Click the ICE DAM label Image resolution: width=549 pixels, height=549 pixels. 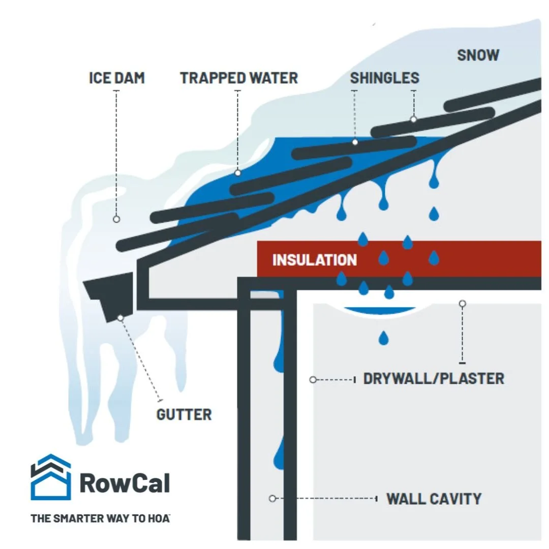pos(117,78)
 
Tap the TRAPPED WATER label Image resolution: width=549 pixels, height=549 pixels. pos(239,78)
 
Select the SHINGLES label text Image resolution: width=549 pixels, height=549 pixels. pos(384,78)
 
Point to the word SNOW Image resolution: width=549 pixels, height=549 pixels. pos(478,55)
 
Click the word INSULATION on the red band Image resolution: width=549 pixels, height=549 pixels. pos(315,260)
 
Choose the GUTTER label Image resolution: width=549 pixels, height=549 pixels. pos(184,415)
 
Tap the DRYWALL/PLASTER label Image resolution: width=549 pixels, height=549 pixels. pos(434,379)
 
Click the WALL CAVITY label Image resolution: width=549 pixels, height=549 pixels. pos(434,499)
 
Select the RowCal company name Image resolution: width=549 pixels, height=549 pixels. pos(125,482)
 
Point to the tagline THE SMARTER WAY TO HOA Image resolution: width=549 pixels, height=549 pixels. pos(100,519)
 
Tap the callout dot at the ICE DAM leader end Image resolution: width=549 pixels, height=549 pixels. pos(116,219)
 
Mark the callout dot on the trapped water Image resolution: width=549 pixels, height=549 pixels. pos(237,173)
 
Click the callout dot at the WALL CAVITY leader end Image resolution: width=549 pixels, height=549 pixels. pos(272,499)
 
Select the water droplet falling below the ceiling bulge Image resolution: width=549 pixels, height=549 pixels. pos(382,337)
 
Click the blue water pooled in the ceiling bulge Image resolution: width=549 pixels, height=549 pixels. pos(377,311)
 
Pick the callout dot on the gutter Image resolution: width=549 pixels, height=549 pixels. pos(120,318)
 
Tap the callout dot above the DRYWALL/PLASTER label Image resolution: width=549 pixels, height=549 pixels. pos(462,303)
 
